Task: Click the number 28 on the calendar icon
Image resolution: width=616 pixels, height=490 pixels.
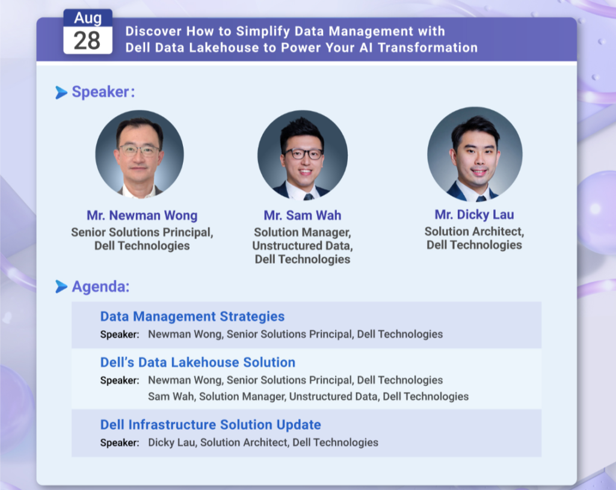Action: pos(87,40)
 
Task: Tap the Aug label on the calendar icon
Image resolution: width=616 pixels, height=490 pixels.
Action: pos(88,17)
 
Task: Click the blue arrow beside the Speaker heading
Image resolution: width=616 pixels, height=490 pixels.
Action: pos(61,92)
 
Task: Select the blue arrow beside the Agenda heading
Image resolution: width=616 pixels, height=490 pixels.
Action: pos(61,287)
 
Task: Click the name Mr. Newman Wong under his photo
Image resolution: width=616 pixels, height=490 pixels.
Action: pos(142,215)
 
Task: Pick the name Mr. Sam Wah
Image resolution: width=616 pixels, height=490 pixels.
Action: pos(303,215)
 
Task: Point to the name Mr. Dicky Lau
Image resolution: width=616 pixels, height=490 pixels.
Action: pos(474,215)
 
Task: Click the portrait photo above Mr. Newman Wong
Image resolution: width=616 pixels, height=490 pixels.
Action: pos(140,153)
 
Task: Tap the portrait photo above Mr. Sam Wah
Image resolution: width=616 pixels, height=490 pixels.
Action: pos(303,155)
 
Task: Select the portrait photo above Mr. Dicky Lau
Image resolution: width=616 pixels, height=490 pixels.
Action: pos(475,153)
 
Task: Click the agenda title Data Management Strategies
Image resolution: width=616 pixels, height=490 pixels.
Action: pos(192,316)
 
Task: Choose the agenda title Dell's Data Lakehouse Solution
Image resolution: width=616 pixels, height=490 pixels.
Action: pos(198,363)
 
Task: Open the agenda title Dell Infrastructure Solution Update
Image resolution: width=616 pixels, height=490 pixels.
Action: pos(211,425)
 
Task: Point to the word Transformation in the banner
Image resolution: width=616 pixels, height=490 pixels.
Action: pos(428,47)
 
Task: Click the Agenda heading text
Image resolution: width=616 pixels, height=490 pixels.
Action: pos(100,287)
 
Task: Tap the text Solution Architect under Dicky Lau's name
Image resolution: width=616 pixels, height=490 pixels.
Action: pos(473,231)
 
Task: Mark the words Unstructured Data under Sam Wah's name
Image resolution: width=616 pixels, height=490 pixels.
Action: pos(302,245)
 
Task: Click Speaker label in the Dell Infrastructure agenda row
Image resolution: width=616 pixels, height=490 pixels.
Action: pos(120,443)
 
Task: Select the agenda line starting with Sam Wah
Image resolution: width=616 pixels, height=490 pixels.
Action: pos(309,397)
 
